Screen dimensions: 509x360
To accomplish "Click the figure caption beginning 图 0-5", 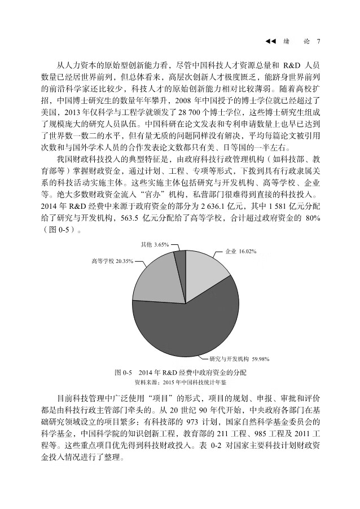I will click(x=181, y=373).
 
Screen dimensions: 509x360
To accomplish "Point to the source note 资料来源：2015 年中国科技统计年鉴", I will click(x=181, y=382).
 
